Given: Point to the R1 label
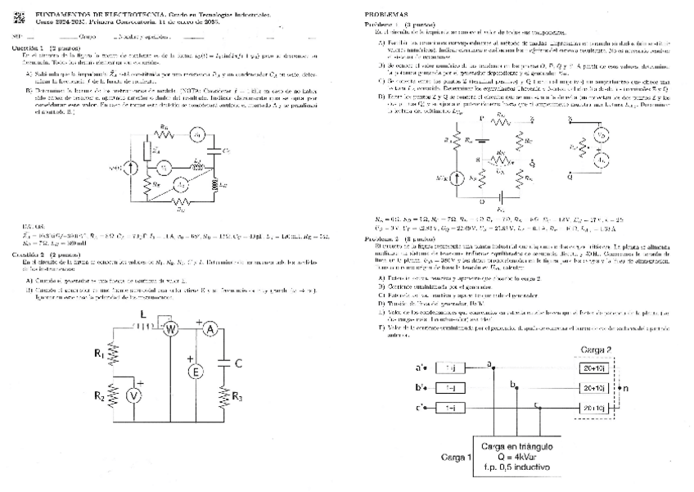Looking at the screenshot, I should [x=98, y=355].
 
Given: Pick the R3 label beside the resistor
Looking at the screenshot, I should [x=237, y=397].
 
